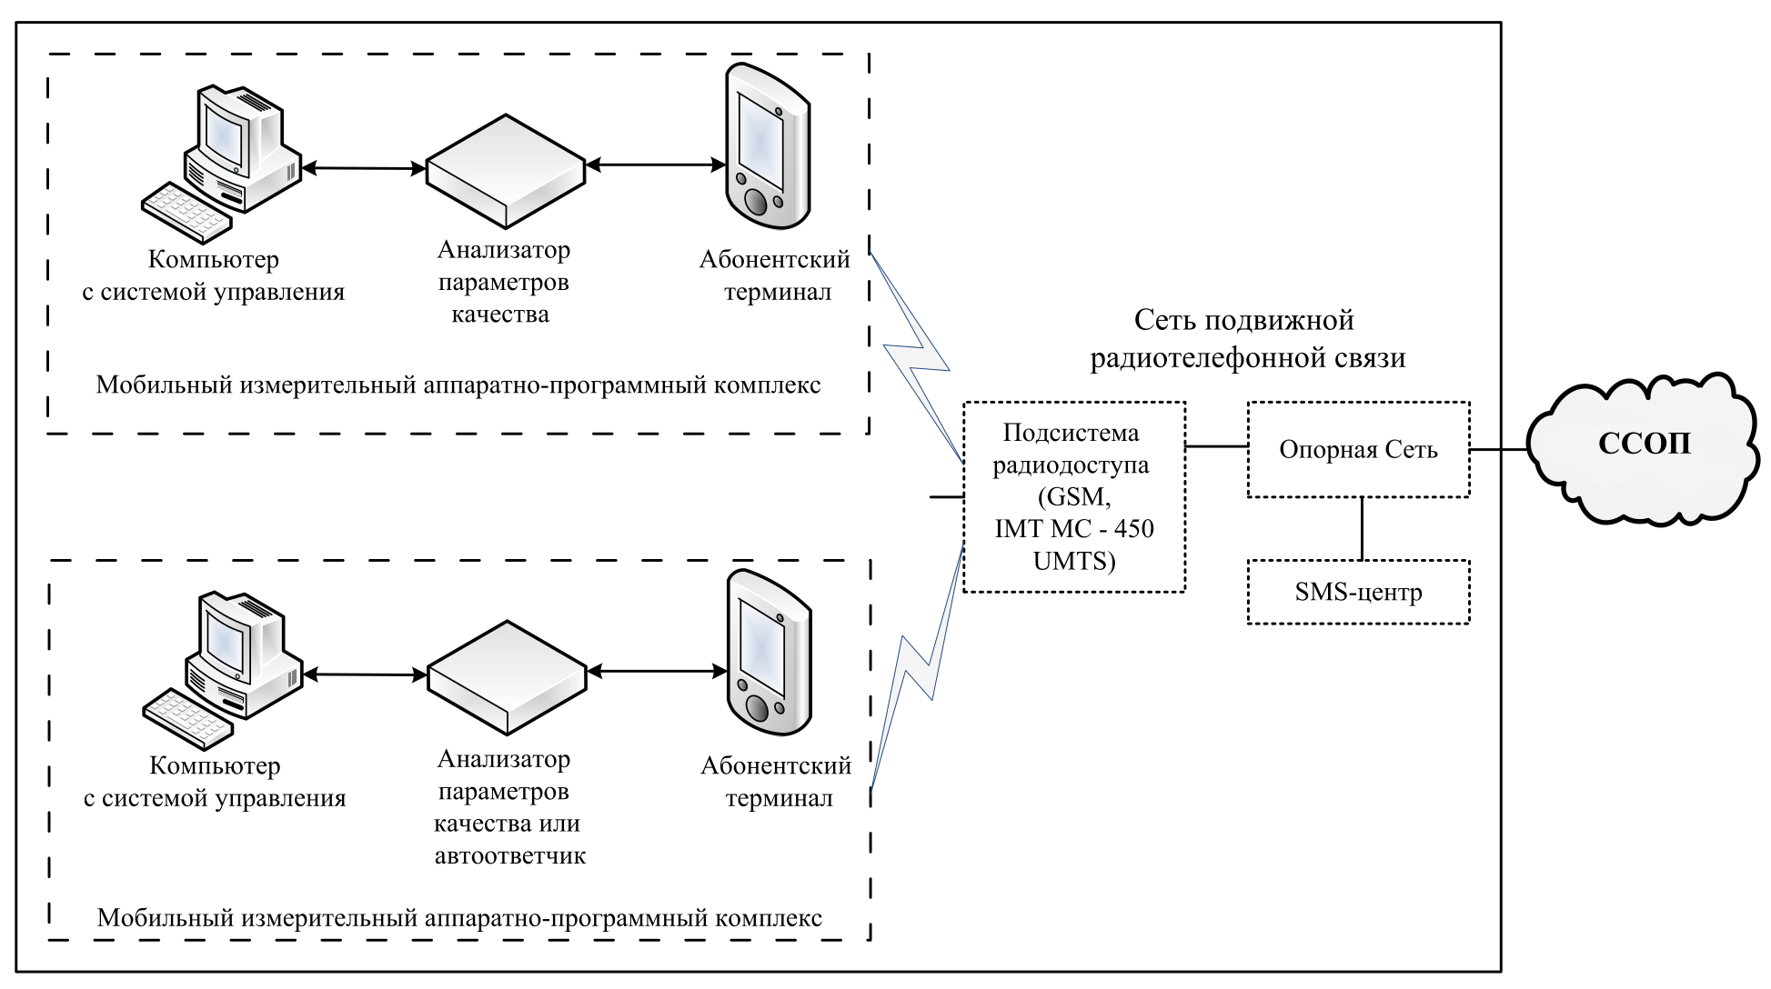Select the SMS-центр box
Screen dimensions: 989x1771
point(1358,593)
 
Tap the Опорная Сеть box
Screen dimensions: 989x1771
point(1358,450)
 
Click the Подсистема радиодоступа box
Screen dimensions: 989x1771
point(1074,496)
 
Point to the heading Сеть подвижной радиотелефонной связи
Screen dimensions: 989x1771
point(1247,339)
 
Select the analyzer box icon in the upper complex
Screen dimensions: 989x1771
point(506,170)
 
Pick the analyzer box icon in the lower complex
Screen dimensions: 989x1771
point(507,676)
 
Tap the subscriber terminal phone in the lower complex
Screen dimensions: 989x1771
point(769,653)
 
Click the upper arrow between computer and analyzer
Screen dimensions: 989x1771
point(364,168)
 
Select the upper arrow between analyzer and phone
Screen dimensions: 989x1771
point(656,165)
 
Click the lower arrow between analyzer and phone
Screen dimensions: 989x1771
point(657,672)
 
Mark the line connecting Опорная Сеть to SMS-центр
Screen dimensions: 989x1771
point(1362,528)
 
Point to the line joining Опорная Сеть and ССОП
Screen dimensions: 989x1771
point(1498,450)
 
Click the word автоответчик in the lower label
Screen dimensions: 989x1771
point(509,856)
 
